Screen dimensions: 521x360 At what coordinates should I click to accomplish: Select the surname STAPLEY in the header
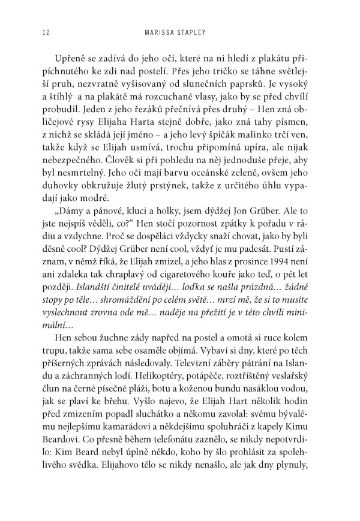202,32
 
